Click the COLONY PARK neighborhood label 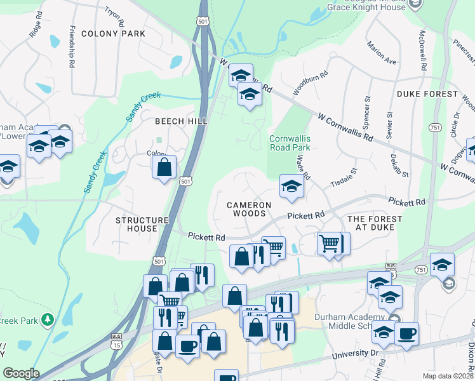coord(113,34)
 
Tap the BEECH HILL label coord(181,121)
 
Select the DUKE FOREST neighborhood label coord(427,94)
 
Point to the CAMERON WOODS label coord(250,210)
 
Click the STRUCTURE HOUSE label coord(145,224)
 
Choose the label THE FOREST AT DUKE coord(375,224)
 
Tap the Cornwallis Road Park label coord(290,143)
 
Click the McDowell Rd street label coord(422,49)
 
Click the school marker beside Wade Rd coord(291,186)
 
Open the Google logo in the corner coord(21,373)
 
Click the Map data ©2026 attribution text coord(448,376)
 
